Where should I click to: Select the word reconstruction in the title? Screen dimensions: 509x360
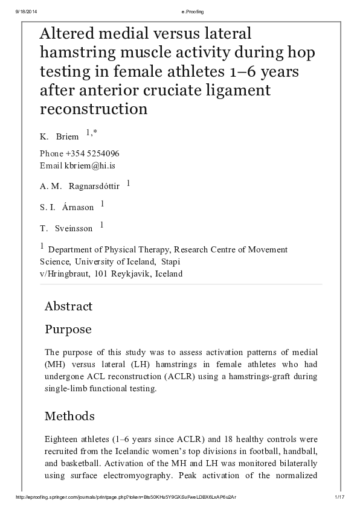pyautogui.click(x=94, y=109)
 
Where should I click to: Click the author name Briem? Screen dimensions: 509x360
pyautogui.click(x=68, y=137)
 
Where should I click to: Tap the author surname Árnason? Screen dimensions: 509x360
pyautogui.click(x=78, y=207)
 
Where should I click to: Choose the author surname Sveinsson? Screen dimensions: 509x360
pyautogui.click(x=74, y=228)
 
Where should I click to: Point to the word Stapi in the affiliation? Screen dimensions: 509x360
pyautogui.click(x=170, y=261)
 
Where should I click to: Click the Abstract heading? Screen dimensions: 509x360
pyautogui.click(x=68, y=306)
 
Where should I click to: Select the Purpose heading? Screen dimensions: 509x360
pyautogui.click(x=68, y=330)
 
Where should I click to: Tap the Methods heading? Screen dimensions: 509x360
pyautogui.click(x=69, y=416)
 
